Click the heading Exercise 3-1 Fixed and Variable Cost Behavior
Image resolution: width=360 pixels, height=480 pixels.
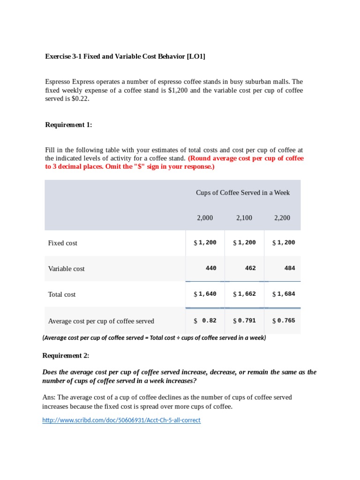125,56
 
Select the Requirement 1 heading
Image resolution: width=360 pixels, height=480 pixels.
68,124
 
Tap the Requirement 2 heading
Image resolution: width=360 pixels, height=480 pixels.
66,355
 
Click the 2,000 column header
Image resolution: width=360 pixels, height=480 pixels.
204,217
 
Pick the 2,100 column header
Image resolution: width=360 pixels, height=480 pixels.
244,217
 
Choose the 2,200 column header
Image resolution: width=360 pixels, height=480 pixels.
282,217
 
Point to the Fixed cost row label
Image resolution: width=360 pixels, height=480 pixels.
62,243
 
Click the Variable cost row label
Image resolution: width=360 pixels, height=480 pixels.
66,269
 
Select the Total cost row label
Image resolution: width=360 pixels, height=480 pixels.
61,294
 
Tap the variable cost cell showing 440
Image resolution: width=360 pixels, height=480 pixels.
211,268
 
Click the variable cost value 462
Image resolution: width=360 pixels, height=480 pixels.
250,268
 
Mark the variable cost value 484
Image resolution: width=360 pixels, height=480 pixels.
290,268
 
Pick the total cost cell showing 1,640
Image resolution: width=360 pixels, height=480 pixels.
207,294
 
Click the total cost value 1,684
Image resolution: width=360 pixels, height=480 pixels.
286,294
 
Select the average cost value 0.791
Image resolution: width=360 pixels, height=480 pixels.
247,321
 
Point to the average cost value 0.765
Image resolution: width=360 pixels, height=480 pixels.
286,321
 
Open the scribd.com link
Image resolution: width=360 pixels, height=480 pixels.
121,420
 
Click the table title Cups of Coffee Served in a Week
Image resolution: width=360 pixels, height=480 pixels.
243,192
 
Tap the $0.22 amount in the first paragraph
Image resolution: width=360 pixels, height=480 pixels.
80,99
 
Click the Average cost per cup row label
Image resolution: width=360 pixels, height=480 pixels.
101,321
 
